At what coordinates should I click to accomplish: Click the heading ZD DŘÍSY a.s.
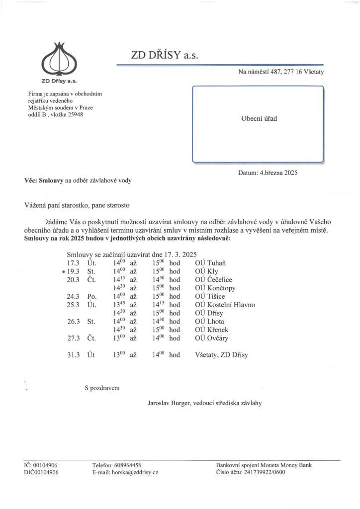[165, 56]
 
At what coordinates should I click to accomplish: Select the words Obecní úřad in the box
[259, 119]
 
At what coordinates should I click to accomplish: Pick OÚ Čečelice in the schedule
[214, 280]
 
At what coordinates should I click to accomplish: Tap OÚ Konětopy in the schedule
[215, 288]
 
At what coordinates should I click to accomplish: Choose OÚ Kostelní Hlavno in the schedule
[225, 305]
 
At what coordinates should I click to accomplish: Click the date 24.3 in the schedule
[74, 297]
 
